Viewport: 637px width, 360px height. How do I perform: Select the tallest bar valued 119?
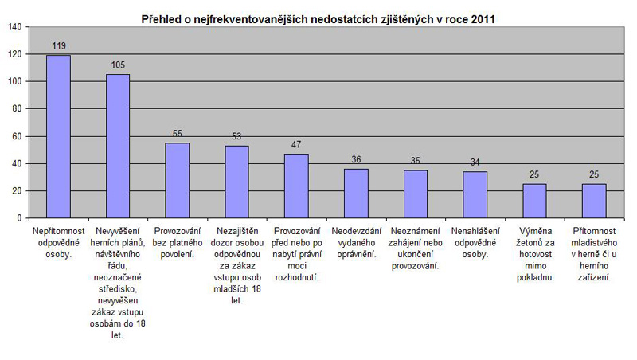pyautogui.click(x=58, y=136)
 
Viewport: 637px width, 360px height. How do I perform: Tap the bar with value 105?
pyautogui.click(x=118, y=146)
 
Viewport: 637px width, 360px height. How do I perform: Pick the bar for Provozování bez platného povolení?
pyautogui.click(x=177, y=180)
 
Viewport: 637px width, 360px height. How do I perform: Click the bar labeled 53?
pyautogui.click(x=236, y=182)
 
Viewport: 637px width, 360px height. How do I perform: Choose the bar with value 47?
pyautogui.click(x=296, y=186)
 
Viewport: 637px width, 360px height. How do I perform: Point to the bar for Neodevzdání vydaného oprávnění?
pyautogui.click(x=356, y=193)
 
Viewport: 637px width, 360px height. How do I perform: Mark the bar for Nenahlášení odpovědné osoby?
pyautogui.click(x=475, y=194)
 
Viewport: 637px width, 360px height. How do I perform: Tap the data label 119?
pyautogui.click(x=58, y=46)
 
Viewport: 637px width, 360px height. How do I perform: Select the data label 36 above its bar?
pyautogui.click(x=356, y=160)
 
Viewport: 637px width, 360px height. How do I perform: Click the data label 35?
pyautogui.click(x=416, y=161)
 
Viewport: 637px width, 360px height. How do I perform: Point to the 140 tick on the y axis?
pyautogui.click(x=15, y=27)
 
